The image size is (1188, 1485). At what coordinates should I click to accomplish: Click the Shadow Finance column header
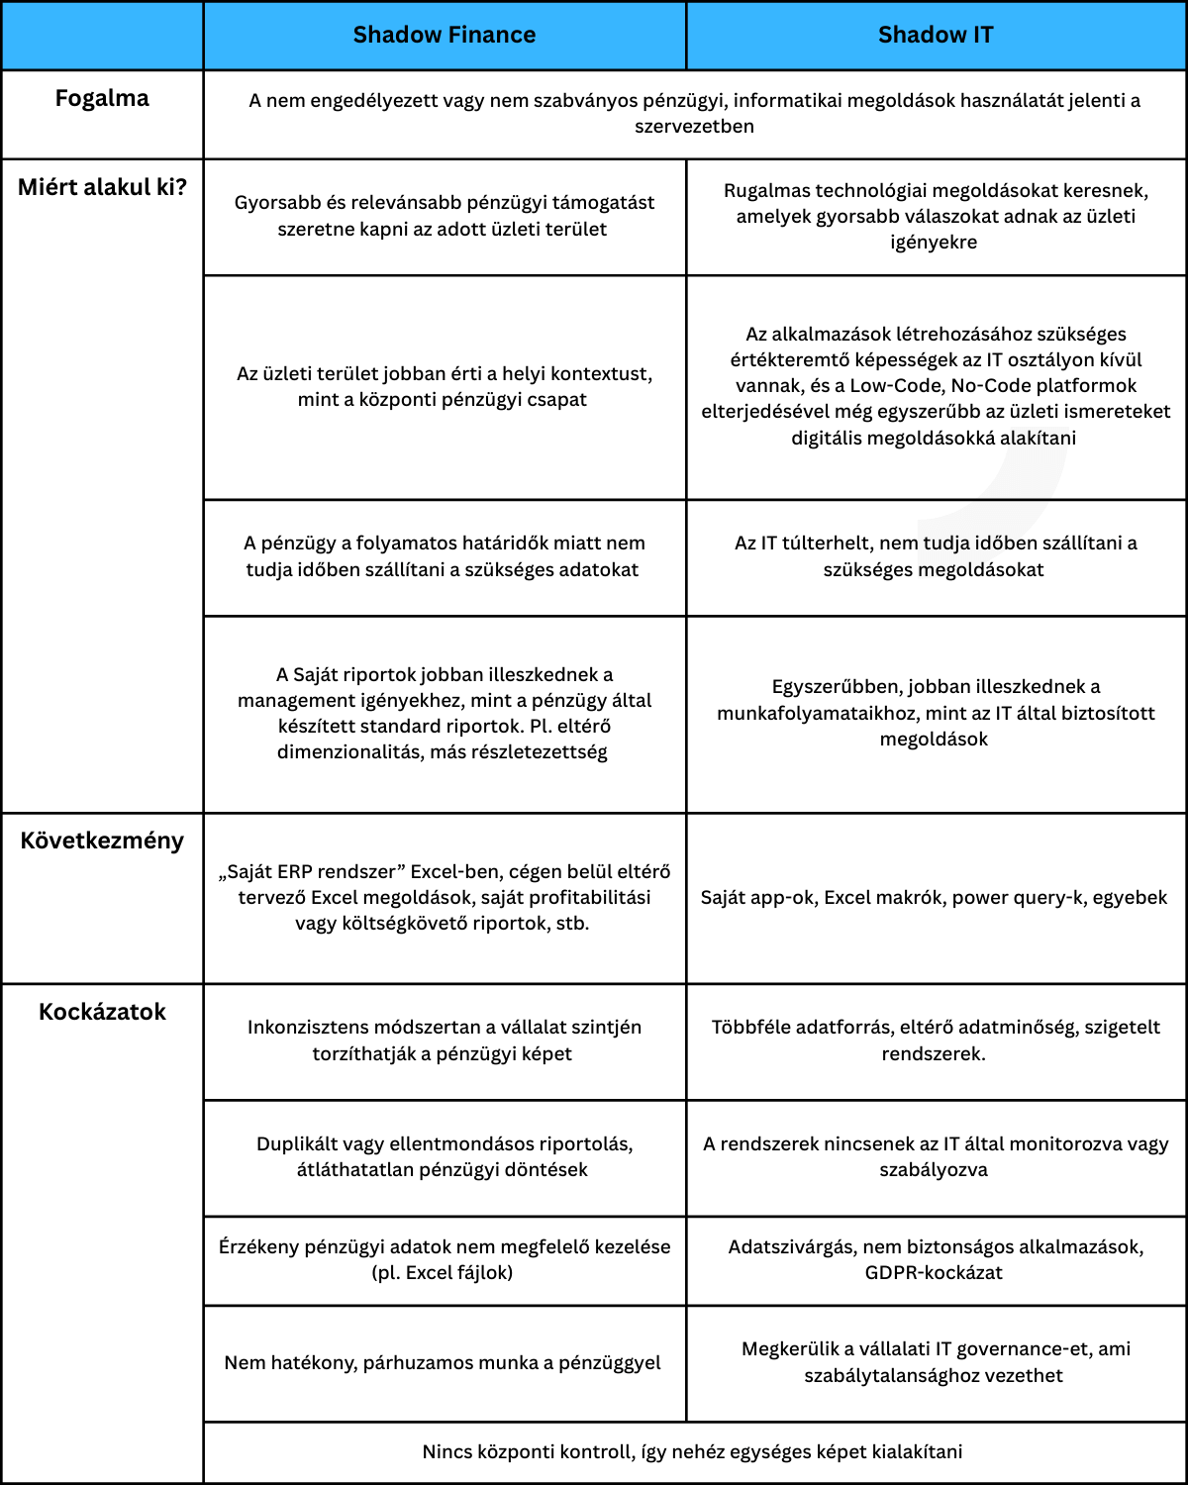click(445, 36)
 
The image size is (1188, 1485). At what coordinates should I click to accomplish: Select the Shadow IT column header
click(936, 36)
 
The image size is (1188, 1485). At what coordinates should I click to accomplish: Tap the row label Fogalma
click(102, 99)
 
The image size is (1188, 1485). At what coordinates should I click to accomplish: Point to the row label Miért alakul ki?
click(102, 188)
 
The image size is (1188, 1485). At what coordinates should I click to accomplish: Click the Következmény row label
click(102, 841)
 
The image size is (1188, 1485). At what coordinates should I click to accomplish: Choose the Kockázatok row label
click(102, 1012)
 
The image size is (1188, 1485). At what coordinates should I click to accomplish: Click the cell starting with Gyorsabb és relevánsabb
click(444, 216)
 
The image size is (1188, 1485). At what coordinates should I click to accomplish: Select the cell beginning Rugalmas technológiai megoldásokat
click(935, 216)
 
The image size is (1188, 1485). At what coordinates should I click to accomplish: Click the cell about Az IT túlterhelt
click(935, 556)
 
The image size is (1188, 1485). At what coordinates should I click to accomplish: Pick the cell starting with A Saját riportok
click(444, 713)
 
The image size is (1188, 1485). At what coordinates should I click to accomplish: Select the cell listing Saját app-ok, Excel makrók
click(935, 898)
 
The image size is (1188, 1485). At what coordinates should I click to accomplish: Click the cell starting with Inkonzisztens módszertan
click(444, 1040)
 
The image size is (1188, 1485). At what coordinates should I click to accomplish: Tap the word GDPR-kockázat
click(934, 1273)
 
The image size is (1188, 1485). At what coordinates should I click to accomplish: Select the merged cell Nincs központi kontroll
click(692, 1452)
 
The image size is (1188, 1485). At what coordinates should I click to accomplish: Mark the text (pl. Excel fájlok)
click(443, 1273)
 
